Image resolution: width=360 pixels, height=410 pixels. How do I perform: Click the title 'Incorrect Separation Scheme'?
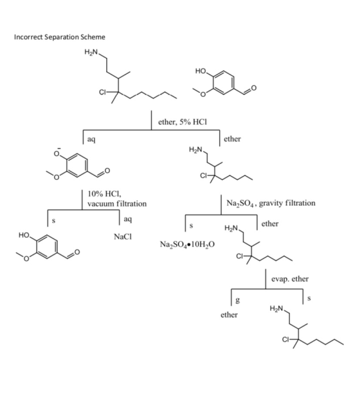(60, 37)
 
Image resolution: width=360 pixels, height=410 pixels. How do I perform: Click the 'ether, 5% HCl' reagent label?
(183, 122)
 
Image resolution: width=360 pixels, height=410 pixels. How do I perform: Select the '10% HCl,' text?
(104, 194)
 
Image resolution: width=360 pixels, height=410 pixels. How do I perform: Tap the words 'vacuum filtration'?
(117, 204)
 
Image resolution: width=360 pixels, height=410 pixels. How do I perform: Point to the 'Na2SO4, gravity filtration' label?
(271, 203)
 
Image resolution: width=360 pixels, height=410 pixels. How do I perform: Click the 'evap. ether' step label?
(290, 279)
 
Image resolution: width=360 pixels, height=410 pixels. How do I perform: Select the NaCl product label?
(123, 236)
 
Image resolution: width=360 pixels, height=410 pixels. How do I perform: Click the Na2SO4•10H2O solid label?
(187, 244)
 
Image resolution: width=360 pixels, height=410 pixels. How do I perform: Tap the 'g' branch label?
(237, 300)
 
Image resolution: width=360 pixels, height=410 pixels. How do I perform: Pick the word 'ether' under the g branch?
(230, 314)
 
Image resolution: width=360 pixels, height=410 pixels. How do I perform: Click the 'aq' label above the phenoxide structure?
(91, 139)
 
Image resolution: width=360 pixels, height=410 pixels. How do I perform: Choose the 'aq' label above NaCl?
(128, 219)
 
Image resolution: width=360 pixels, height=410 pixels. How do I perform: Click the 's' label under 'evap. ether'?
(309, 298)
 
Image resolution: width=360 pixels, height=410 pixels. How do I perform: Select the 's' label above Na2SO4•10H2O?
(192, 226)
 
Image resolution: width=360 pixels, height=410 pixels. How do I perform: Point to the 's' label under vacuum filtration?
(53, 221)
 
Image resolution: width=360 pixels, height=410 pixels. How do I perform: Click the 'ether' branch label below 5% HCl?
(232, 139)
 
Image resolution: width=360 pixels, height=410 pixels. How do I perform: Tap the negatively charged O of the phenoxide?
(57, 154)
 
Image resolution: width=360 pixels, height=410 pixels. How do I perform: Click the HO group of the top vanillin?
(201, 71)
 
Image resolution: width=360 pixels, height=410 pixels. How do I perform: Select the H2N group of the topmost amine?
(91, 52)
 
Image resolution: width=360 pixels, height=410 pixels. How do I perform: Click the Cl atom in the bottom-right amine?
(285, 340)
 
